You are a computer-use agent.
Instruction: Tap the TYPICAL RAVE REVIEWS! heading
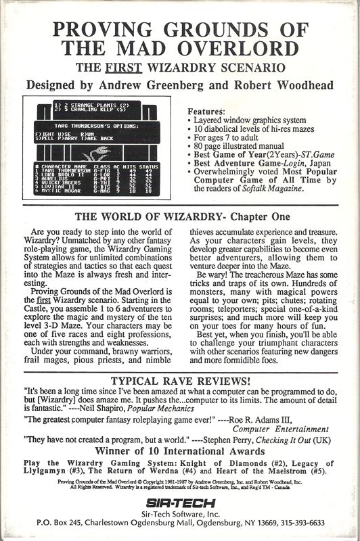(179, 379)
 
